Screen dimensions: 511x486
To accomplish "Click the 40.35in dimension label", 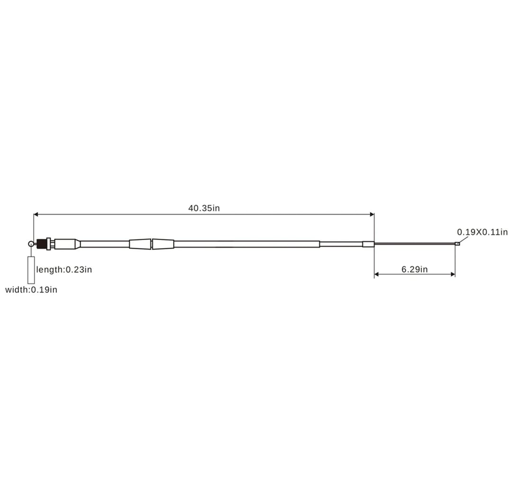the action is tap(204, 208).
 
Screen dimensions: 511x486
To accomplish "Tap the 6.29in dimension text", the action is tap(414, 269).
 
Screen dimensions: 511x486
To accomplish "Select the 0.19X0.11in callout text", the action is tap(483, 232).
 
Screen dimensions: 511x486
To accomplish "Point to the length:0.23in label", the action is tap(64, 270).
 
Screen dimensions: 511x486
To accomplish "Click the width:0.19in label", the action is tap(31, 290).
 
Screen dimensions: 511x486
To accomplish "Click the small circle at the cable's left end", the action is tap(31, 243).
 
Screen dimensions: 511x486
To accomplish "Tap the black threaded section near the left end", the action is tap(41, 244).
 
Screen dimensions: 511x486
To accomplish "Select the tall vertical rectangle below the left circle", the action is tap(31, 270).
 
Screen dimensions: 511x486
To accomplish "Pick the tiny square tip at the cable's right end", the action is tap(457, 244).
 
